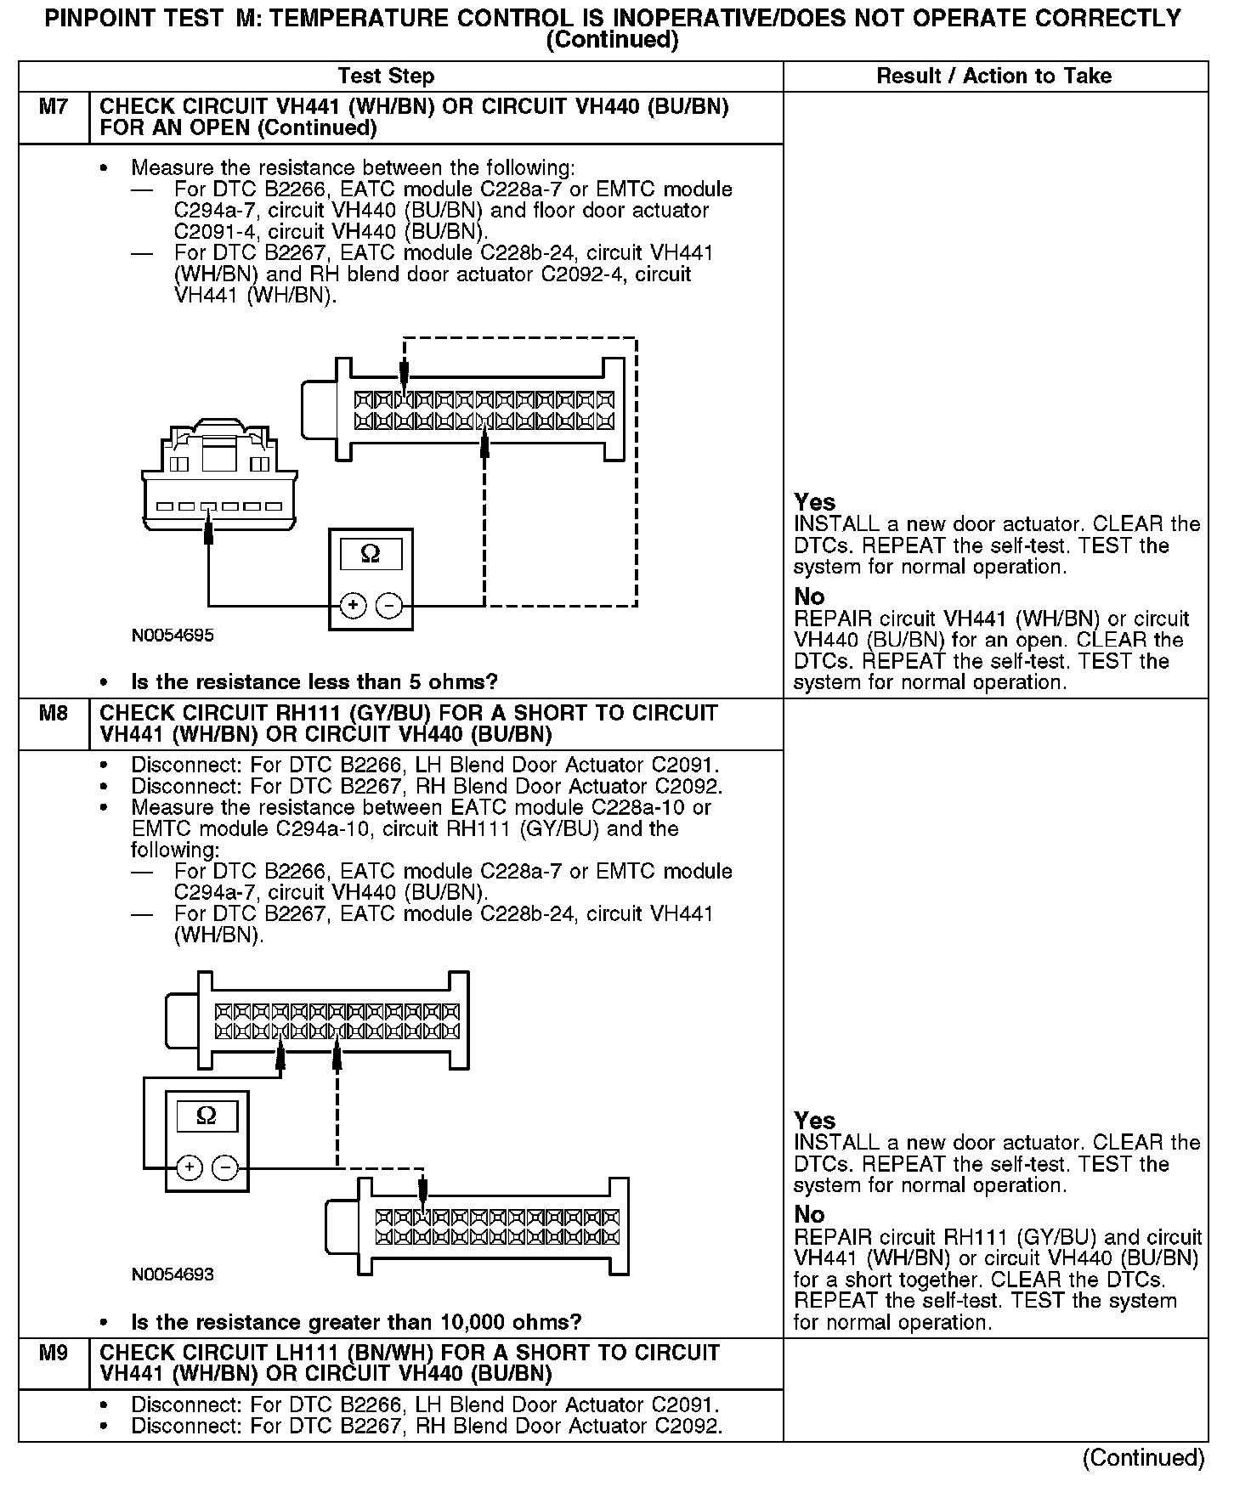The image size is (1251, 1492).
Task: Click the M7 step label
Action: pos(54,107)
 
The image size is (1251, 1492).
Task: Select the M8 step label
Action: pos(54,713)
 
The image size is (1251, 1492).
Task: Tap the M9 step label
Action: pos(54,1352)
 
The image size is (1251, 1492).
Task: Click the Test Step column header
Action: pos(386,76)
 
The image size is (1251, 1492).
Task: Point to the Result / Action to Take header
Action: pos(993,76)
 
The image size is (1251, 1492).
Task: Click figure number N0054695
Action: pos(173,636)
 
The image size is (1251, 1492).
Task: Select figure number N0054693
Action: pos(173,1274)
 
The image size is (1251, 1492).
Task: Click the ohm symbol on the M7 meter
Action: pos(371,554)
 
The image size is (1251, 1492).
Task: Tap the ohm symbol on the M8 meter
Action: pos(207,1116)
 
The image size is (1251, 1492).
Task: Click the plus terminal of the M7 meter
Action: pos(353,606)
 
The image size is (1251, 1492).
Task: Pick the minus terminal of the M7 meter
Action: pos(388,606)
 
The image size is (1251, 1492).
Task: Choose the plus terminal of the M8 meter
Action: pos(189,1167)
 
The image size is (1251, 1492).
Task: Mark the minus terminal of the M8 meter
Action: pos(224,1167)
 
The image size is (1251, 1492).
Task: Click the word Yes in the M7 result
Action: pos(814,502)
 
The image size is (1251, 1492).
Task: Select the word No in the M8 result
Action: pos(809,1214)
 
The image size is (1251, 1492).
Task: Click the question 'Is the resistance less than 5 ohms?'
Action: pos(314,682)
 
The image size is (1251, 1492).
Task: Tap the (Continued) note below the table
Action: pos(1143,1458)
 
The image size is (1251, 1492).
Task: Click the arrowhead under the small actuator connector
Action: pos(209,534)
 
